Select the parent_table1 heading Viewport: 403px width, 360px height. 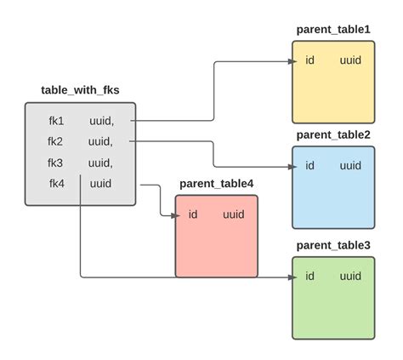click(333, 30)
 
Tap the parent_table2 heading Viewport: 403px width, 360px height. click(333, 134)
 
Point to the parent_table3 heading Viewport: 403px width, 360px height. click(333, 245)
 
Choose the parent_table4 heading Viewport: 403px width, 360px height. click(217, 183)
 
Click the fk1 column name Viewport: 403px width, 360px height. click(56, 121)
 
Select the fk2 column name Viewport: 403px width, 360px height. click(56, 141)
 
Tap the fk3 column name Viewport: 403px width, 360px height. click(56, 163)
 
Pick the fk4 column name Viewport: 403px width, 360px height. click(56, 183)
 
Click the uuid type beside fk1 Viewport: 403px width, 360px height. click(101, 121)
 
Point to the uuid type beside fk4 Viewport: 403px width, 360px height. click(100, 183)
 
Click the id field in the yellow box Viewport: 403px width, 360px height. click(310, 61)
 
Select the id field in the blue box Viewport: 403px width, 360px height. click(310, 166)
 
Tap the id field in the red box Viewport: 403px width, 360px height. click(193, 214)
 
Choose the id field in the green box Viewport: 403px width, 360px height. click(310, 277)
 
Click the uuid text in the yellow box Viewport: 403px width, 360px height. click(350, 61)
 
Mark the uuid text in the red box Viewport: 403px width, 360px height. click(234, 214)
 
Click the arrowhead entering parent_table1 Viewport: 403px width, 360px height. click(288, 61)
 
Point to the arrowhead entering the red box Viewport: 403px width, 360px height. click(171, 214)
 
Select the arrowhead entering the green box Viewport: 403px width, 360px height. click(288, 277)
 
